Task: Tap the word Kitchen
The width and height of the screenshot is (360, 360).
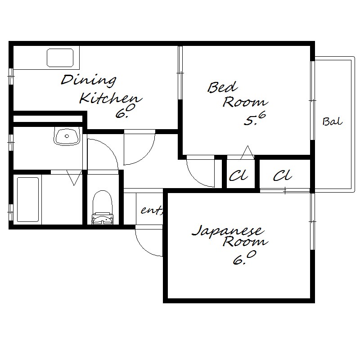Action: click(111, 98)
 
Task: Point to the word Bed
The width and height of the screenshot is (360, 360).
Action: click(222, 87)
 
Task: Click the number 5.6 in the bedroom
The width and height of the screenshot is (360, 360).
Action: click(255, 118)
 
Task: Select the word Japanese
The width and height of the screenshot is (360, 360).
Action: click(227, 231)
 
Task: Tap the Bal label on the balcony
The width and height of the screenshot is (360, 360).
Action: click(333, 121)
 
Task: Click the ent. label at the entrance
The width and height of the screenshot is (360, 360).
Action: click(152, 210)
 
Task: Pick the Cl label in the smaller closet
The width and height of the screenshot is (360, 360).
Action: click(238, 175)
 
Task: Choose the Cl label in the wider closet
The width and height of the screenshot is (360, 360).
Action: click(283, 175)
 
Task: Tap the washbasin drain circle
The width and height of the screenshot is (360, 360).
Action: click(67, 136)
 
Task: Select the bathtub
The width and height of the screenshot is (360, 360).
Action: click(28, 199)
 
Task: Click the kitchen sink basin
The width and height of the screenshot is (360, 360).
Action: click(60, 58)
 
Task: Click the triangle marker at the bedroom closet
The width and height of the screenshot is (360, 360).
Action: click(247, 152)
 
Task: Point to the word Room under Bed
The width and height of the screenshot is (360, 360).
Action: click(245, 102)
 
